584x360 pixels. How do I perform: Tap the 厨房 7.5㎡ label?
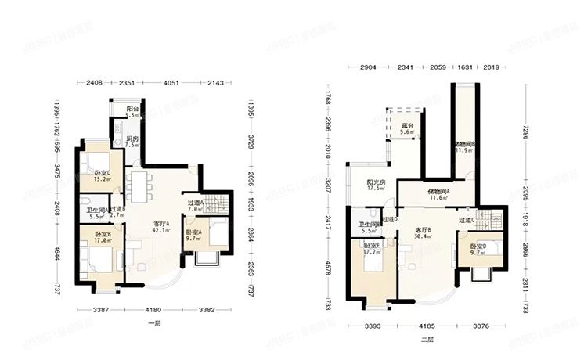(132, 142)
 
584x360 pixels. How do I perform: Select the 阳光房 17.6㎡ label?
(376, 185)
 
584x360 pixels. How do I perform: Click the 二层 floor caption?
(427, 339)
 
